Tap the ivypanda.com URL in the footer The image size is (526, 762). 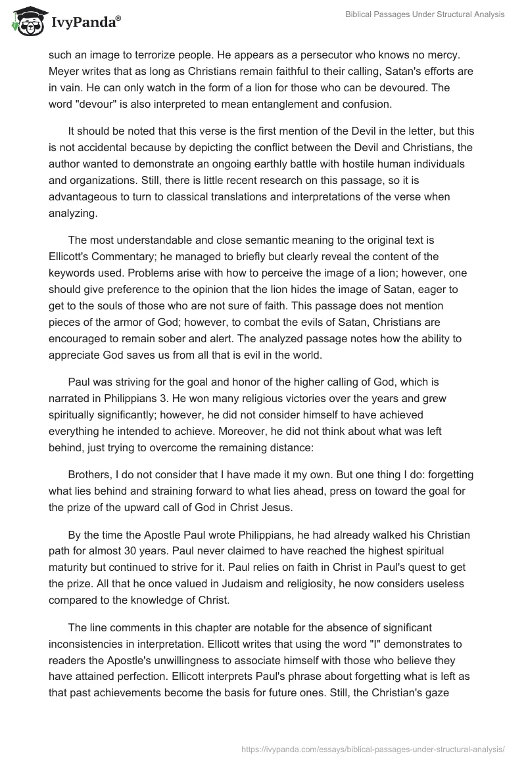[374, 748]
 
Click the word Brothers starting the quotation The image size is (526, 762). [89, 475]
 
